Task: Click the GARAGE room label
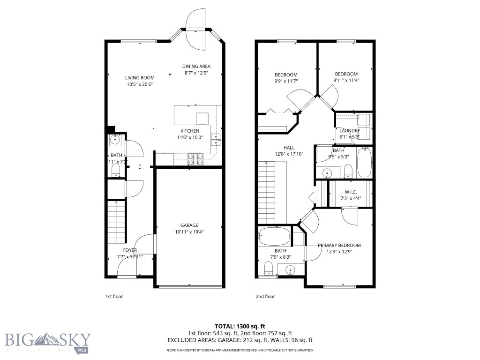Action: [189, 225]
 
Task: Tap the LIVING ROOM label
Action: [140, 78]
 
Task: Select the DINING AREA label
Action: [196, 67]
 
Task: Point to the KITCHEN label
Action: [190, 131]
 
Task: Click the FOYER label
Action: [130, 250]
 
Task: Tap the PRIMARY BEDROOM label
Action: [339, 246]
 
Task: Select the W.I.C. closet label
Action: [351, 192]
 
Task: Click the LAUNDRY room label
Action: [350, 131]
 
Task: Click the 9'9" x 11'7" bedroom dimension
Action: [286, 81]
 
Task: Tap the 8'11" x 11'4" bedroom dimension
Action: [346, 80]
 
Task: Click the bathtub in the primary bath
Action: [274, 237]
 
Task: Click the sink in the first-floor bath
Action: [115, 139]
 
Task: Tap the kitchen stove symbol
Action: [195, 159]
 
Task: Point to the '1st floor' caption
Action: [114, 296]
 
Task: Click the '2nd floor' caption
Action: [265, 296]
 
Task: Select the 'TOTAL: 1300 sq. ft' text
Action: [240, 326]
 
